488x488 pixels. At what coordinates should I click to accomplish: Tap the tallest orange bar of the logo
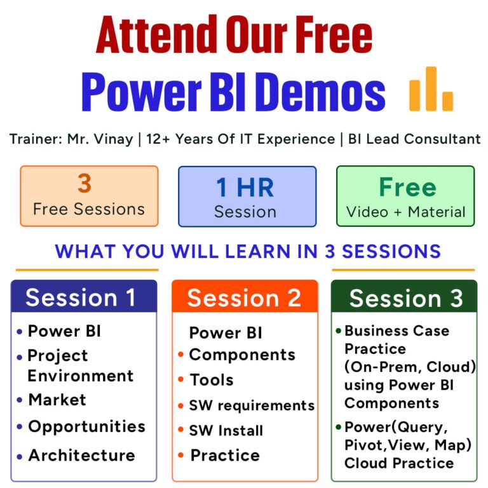pyautogui.click(x=431, y=88)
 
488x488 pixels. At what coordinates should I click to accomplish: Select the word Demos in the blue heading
pyautogui.click(x=322, y=91)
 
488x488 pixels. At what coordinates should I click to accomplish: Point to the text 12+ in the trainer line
pyautogui.click(x=158, y=139)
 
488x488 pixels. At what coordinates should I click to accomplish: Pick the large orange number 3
pyautogui.click(x=85, y=183)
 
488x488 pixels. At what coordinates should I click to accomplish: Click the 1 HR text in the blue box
pyautogui.click(x=245, y=187)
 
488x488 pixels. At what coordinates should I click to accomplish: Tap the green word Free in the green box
pyautogui.click(x=408, y=187)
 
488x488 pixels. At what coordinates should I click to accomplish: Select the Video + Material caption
pyautogui.click(x=405, y=212)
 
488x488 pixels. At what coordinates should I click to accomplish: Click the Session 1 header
pyautogui.click(x=81, y=298)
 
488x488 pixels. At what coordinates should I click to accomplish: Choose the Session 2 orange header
pyautogui.click(x=244, y=298)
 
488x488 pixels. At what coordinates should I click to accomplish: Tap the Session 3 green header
pyautogui.click(x=406, y=298)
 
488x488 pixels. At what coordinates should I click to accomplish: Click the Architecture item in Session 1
pyautogui.click(x=82, y=456)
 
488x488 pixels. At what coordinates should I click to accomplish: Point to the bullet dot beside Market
pyautogui.click(x=20, y=400)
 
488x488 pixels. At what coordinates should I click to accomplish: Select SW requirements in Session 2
pyautogui.click(x=252, y=405)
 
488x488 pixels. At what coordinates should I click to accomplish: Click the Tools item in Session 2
pyautogui.click(x=212, y=380)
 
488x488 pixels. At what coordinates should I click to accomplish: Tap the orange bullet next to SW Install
pyautogui.click(x=180, y=430)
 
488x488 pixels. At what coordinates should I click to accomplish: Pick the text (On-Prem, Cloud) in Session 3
pyautogui.click(x=410, y=367)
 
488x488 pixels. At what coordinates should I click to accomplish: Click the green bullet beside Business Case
pyautogui.click(x=339, y=331)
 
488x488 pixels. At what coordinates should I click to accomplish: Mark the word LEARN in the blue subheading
pyautogui.click(x=257, y=251)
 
